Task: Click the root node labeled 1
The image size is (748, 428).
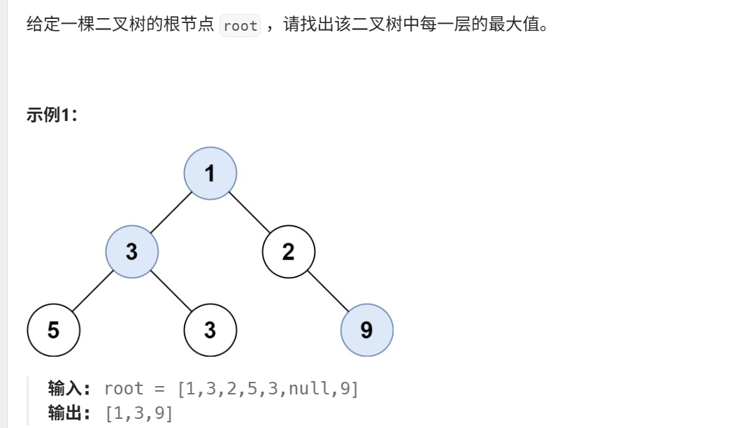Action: click(210, 173)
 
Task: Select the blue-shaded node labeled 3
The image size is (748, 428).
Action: click(132, 252)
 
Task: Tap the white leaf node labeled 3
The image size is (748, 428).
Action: click(210, 330)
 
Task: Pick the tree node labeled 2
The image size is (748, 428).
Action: click(289, 252)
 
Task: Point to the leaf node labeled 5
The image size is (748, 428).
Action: click(54, 330)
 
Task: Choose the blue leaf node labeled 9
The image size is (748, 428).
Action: click(367, 330)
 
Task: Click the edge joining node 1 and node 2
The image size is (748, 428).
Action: click(250, 213)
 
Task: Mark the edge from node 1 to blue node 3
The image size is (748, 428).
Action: click(171, 213)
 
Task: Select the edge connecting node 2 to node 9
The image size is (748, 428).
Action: click(328, 291)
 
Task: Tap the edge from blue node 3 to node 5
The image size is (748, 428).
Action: click(93, 291)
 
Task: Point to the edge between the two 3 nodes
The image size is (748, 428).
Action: click(171, 291)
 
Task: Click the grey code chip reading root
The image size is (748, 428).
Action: click(240, 27)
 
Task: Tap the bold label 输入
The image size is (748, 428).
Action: click(69, 389)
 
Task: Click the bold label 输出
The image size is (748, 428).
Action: click(69, 413)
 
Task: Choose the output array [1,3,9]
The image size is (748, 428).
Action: click(138, 413)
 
